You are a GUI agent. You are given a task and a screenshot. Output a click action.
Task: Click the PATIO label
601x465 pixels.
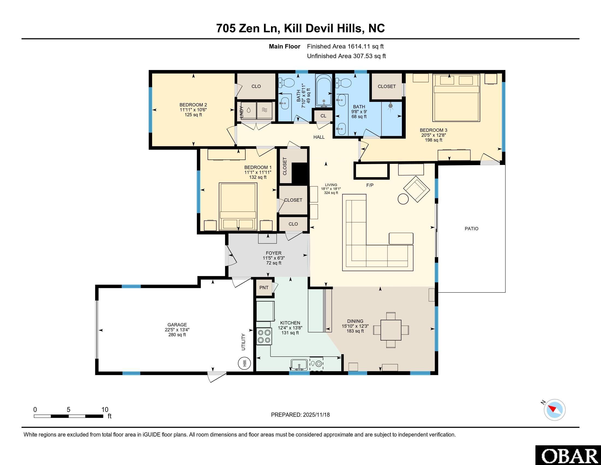point(472,229)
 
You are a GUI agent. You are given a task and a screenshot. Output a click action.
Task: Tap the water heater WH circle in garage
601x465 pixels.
point(245,363)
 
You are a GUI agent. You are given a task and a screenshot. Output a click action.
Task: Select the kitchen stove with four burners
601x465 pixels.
point(264,336)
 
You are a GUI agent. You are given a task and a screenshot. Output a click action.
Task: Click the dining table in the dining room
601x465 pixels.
point(391,330)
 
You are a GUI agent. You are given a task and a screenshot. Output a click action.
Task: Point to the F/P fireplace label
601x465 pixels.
point(370,185)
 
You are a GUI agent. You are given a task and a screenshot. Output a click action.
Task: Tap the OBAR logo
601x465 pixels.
point(568,455)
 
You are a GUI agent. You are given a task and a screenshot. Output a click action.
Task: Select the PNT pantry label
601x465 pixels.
point(264,288)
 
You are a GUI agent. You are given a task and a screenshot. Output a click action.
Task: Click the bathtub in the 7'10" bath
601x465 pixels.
point(324,91)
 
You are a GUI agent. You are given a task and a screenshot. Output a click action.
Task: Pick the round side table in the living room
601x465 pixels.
point(403,199)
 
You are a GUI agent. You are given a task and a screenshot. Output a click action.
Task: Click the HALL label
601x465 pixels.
point(319,137)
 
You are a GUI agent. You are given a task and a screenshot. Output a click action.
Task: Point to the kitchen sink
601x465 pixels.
point(299,365)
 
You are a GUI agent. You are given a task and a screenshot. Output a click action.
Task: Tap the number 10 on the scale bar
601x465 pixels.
point(105,410)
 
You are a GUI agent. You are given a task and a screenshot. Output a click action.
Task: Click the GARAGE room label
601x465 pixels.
point(177,325)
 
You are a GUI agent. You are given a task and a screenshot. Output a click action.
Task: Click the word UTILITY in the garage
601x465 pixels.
point(243,342)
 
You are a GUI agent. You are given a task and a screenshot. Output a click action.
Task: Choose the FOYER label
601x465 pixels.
point(273,253)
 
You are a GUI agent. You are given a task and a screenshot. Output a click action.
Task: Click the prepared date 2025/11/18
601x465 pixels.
point(316,415)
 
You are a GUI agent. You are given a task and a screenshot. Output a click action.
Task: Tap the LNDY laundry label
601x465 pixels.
point(241,112)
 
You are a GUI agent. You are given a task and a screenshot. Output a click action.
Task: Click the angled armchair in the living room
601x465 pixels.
point(417,189)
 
